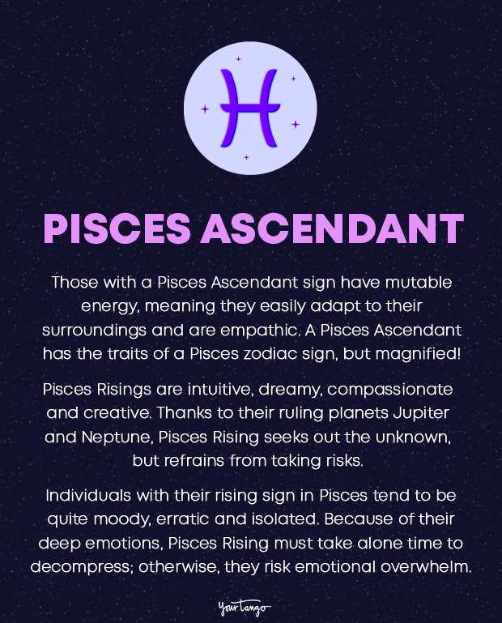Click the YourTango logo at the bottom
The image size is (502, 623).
[245, 607]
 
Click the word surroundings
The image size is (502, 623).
[95, 331]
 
